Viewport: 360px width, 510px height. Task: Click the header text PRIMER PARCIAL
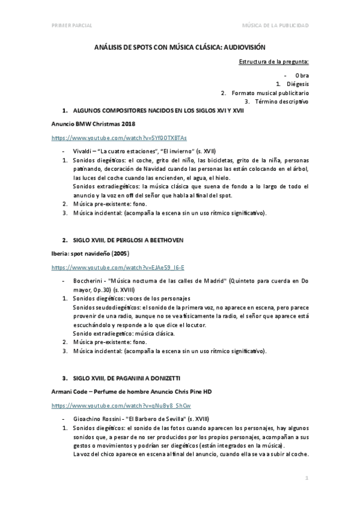(69, 25)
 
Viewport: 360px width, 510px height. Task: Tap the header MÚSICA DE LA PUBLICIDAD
(275, 25)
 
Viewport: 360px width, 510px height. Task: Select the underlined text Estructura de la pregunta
(274, 62)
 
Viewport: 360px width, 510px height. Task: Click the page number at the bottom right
(307, 478)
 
